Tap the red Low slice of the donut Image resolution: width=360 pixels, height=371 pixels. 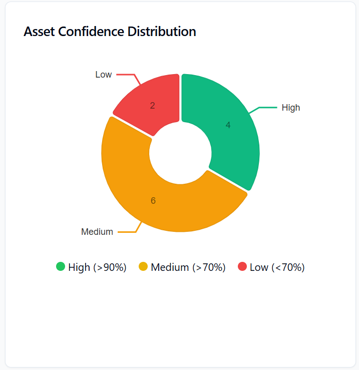[150, 103]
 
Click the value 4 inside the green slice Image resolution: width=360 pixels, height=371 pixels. [228, 125]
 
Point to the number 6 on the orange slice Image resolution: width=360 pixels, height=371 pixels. [153, 201]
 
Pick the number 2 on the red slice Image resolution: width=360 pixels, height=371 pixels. [153, 106]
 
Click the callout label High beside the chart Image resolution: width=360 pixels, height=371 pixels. [291, 108]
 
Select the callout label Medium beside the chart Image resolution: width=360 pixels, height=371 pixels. [97, 232]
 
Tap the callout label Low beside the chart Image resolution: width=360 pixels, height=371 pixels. [104, 75]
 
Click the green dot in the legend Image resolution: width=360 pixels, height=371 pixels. [61, 266]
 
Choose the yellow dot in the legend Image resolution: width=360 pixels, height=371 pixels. [143, 266]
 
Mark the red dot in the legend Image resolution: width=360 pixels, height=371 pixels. [242, 266]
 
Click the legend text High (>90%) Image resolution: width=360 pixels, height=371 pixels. [97, 267]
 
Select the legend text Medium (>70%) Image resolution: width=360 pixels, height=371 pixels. [188, 267]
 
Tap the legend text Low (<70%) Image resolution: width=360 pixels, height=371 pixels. [277, 267]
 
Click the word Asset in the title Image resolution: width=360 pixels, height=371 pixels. [40, 32]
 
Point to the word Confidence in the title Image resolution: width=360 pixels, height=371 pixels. [92, 32]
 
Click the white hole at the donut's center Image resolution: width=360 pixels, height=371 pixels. [180, 153]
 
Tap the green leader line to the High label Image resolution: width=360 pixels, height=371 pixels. [265, 107]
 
